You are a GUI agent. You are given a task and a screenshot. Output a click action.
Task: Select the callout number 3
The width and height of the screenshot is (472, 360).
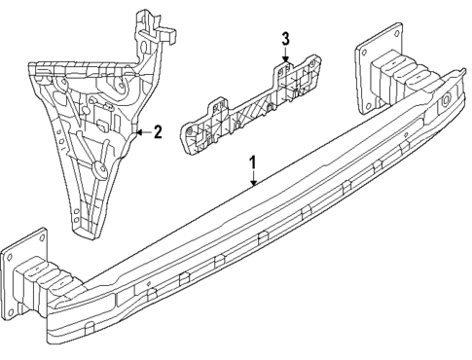(285, 39)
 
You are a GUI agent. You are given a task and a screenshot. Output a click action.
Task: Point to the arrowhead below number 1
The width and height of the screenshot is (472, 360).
(253, 183)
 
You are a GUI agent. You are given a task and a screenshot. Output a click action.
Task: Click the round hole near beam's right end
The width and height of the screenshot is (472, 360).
(446, 100)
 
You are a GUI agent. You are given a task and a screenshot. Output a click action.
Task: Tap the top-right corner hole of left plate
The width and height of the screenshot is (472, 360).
(40, 236)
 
